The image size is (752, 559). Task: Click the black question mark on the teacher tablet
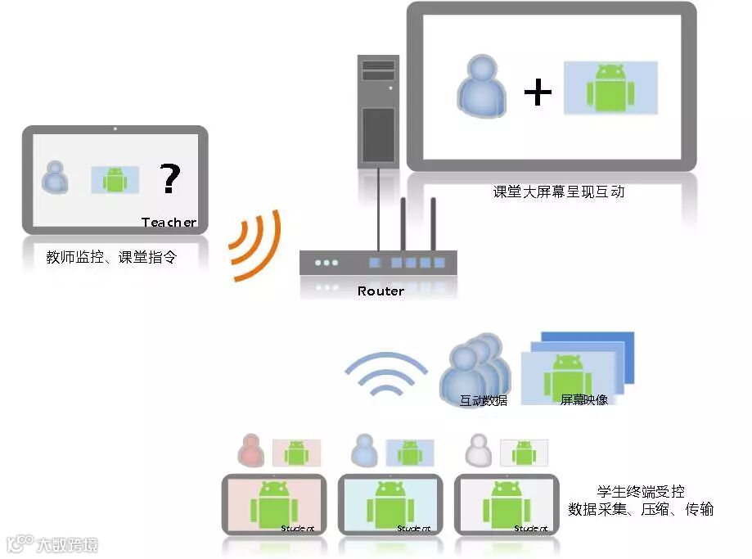[169, 178]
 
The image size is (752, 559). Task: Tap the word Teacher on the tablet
[169, 223]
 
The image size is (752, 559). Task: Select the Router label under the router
[381, 291]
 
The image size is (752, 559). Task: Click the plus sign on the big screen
[538, 92]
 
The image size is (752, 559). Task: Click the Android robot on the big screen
[610, 88]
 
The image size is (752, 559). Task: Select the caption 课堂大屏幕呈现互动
[559, 192]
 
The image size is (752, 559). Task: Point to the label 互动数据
[483, 401]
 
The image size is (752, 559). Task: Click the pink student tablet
[274, 504]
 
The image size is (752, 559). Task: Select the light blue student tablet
[390, 504]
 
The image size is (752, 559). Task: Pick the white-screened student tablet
[507, 504]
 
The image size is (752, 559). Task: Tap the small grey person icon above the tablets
[476, 450]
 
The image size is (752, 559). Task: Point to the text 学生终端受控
[641, 492]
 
